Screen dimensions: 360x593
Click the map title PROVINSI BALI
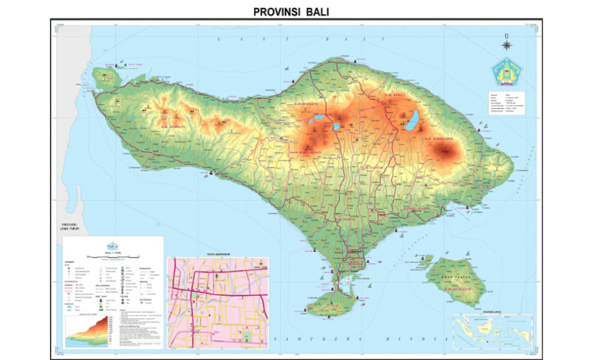click(x=296, y=12)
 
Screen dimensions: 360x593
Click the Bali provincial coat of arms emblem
click(x=504, y=73)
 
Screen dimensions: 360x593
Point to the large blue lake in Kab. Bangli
click(x=413, y=119)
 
